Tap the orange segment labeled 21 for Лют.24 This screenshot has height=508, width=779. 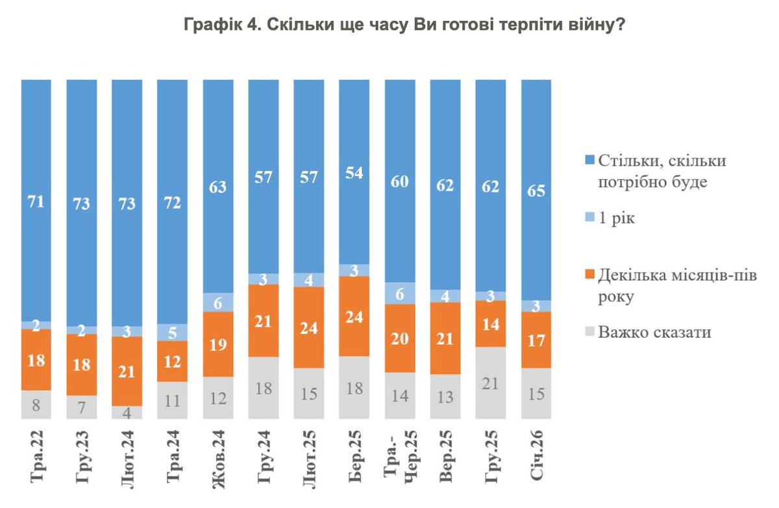coord(127,371)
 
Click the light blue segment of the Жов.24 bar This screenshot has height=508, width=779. coord(218,302)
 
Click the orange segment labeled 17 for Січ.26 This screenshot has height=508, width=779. coord(536,340)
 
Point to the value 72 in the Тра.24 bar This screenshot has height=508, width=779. coord(173,203)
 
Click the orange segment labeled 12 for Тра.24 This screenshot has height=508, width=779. coord(173,361)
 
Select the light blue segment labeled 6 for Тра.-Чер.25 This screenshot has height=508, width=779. coord(400,294)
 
